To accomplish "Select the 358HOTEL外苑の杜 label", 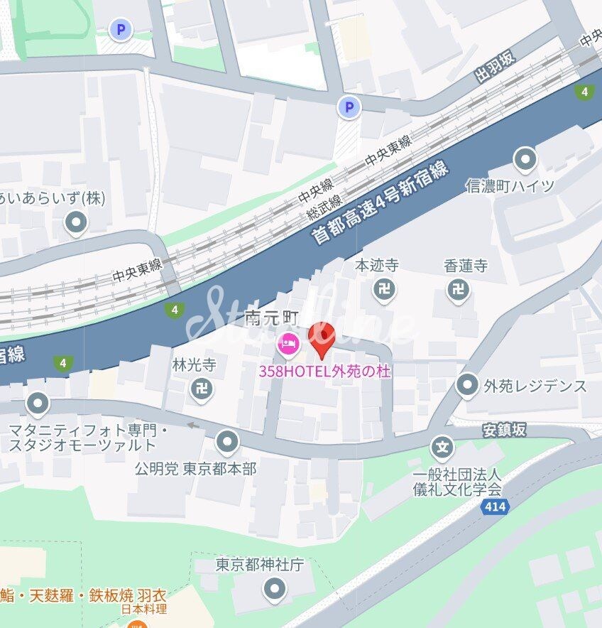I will [324, 371].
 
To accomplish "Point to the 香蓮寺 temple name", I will [466, 266].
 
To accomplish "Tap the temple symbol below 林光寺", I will [202, 388].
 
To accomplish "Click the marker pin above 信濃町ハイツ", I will [525, 158].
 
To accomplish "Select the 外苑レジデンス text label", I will [535, 386].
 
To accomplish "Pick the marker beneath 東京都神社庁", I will [274, 588].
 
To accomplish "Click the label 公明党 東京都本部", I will [195, 469].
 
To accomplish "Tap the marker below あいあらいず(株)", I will [76, 223].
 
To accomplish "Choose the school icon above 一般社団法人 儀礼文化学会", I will [442, 448].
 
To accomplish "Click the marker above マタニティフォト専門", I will [38, 404].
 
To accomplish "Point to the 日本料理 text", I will [143, 609].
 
